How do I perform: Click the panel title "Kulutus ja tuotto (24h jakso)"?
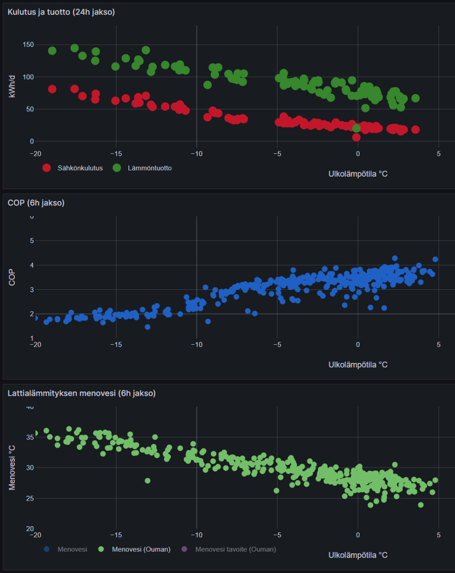point(61,12)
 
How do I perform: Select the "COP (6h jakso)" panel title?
point(36,203)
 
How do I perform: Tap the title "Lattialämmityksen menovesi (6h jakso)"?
point(81,393)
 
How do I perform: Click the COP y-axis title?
point(12,278)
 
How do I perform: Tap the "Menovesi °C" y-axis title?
point(12,468)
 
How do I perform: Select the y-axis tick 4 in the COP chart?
point(32,265)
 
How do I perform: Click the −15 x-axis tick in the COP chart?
point(116,344)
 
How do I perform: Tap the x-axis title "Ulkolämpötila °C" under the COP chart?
point(358,365)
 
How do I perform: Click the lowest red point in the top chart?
point(356,138)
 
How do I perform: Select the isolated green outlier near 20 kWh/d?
point(356,128)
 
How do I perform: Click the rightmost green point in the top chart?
point(415,98)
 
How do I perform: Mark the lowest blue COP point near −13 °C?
point(148,327)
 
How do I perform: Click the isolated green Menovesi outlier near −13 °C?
point(148,480)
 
